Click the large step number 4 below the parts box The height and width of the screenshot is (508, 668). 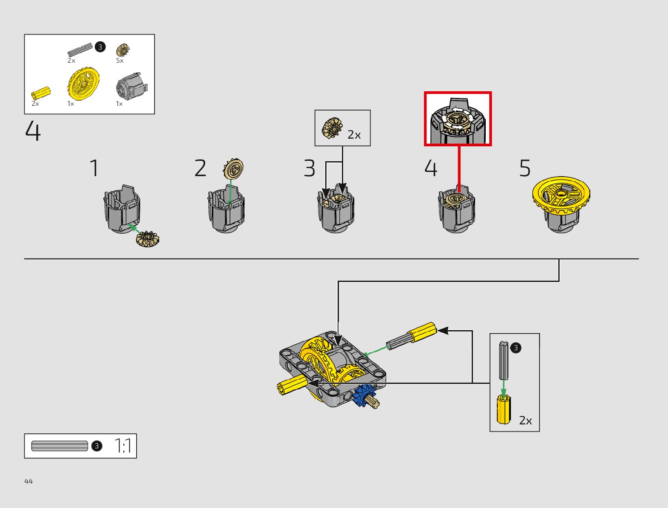33,131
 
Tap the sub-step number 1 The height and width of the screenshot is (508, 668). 94,168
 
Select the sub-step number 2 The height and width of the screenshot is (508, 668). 200,168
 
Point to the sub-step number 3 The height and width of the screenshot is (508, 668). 309,168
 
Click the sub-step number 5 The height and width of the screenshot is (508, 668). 525,168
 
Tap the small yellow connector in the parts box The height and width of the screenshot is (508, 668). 41,93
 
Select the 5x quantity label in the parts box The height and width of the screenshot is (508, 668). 120,61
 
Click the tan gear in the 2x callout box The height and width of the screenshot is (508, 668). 333,128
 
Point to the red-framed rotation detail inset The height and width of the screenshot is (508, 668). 458,119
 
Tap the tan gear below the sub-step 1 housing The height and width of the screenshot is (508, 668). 148,239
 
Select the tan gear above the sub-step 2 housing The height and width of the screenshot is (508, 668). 233,168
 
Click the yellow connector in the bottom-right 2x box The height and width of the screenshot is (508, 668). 504,409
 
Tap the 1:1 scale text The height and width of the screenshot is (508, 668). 123,446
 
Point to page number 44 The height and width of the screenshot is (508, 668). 29,481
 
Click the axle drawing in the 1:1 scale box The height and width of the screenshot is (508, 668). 59,446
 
